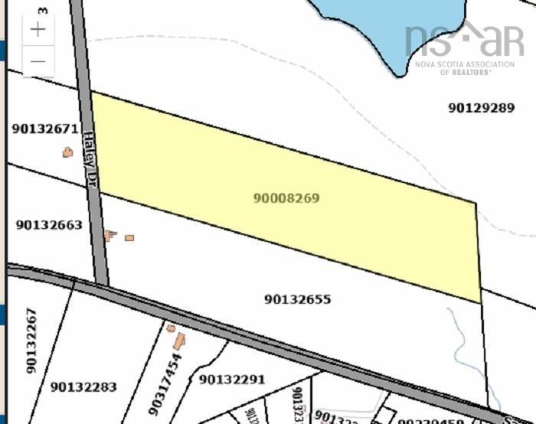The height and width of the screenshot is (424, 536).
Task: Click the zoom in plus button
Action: (38, 30)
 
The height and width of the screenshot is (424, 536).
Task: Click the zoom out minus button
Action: (38, 60)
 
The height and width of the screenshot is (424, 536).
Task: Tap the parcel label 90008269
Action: (286, 198)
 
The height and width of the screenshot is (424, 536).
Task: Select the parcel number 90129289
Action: (481, 108)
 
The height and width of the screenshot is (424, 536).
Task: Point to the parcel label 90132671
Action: (45, 129)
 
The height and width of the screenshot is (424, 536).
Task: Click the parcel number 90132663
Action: (48, 225)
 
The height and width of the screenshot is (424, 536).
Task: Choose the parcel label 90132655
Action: (298, 299)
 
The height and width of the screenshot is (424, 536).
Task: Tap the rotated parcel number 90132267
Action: (31, 341)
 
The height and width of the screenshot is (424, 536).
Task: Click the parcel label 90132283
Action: (83, 387)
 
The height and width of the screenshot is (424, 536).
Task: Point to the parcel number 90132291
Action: (231, 379)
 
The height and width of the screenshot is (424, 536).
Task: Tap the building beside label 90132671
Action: (67, 152)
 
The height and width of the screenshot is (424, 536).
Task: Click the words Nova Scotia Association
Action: (465, 64)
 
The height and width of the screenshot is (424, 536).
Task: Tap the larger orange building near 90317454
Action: (179, 341)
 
